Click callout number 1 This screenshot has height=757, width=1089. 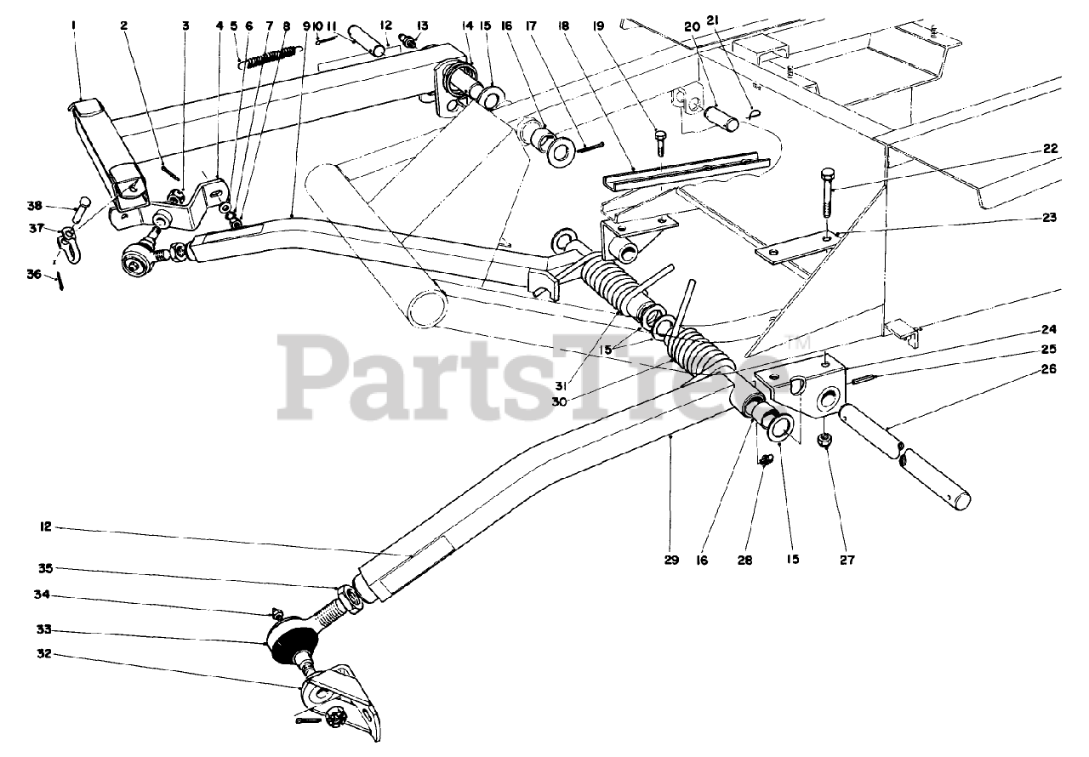tap(74, 26)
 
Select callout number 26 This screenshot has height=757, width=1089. tap(1048, 369)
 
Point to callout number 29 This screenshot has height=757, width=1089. tap(672, 561)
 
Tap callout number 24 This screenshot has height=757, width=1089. tap(1048, 330)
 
